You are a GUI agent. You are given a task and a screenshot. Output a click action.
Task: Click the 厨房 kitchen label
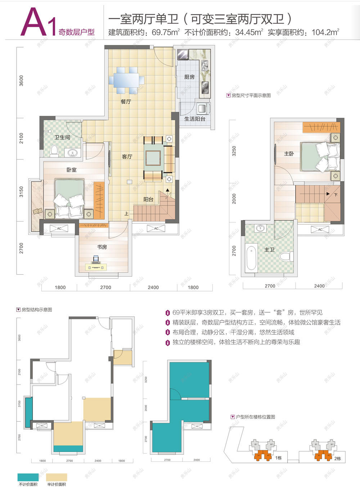[189, 77]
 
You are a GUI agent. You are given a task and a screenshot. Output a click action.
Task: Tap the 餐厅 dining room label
[126, 102]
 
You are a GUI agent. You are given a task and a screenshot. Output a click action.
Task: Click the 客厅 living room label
[127, 156]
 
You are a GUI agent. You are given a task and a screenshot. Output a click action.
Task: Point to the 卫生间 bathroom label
[62, 137]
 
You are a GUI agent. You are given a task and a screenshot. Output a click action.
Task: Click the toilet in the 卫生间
[54, 150]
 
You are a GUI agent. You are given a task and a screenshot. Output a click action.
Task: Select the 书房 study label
[102, 247]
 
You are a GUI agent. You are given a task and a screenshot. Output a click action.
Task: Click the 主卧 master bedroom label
[289, 153]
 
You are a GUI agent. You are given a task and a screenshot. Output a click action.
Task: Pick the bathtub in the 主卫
[252, 258]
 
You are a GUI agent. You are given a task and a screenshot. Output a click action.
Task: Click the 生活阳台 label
[195, 119]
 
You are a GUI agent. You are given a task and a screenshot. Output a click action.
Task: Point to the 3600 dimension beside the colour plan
[21, 81]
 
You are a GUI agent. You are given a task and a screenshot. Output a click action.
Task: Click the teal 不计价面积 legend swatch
[28, 477]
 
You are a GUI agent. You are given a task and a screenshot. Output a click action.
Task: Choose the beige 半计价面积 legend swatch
[57, 477]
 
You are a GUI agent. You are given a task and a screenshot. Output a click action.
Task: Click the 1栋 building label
[278, 458]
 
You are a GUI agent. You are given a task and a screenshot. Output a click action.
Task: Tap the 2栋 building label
[337, 458]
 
